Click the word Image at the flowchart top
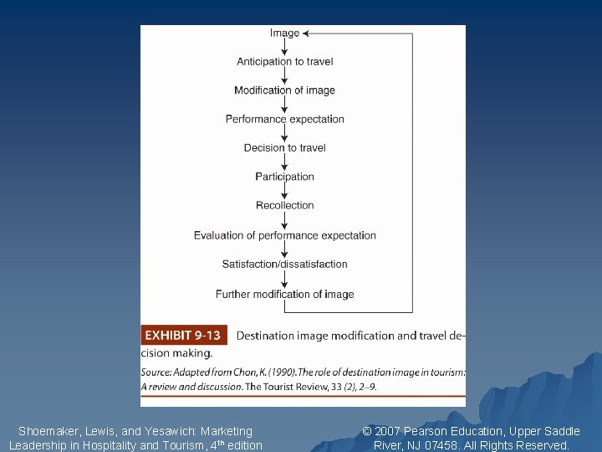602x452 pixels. tap(284, 33)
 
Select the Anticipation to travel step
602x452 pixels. tap(284, 62)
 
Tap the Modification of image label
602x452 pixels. tap(284, 90)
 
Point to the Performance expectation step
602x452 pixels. tap(284, 119)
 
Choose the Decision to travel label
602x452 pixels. tap(284, 148)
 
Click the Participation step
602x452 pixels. tap(284, 177)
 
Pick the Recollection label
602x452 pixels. tap(284, 205)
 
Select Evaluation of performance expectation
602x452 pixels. tap(284, 235)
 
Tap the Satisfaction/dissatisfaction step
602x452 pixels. tap(284, 265)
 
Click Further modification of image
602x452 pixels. tap(284, 294)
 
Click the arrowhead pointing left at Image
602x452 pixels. tap(306, 33)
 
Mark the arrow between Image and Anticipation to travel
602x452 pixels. tap(284, 47)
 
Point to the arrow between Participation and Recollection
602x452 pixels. tap(284, 191)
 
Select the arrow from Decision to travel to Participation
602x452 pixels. tap(284, 162)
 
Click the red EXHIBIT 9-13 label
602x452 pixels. tap(183, 336)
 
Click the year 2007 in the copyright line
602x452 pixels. tap(388, 431)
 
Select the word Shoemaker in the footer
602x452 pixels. tap(46, 431)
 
